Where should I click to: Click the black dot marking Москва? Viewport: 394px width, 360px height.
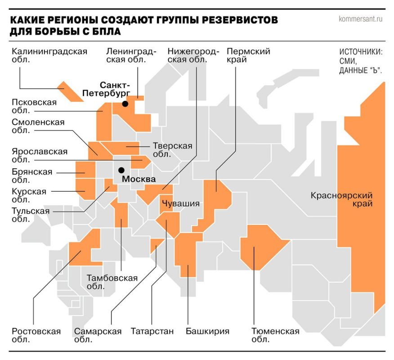pyautogui.click(x=121, y=170)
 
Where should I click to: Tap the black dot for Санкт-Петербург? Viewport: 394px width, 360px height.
pyautogui.click(x=125, y=104)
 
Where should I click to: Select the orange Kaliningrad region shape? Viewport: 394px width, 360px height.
pyautogui.click(x=70, y=91)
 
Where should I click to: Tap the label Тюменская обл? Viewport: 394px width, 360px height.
pyautogui.click(x=276, y=336)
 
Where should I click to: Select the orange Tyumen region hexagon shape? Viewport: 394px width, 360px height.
pyautogui.click(x=262, y=247)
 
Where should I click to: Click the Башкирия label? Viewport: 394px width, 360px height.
pyautogui.click(x=207, y=332)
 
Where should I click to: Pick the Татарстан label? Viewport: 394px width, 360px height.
pyautogui.click(x=152, y=332)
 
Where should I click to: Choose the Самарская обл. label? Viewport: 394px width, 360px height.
pyautogui.click(x=98, y=336)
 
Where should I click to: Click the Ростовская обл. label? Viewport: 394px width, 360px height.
pyautogui.click(x=36, y=336)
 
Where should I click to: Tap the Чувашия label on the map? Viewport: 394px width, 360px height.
pyautogui.click(x=180, y=203)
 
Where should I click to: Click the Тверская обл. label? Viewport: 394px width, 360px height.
pyautogui.click(x=172, y=150)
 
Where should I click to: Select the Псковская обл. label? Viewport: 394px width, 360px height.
pyautogui.click(x=34, y=107)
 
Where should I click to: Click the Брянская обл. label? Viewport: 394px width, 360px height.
pyautogui.click(x=32, y=176)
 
